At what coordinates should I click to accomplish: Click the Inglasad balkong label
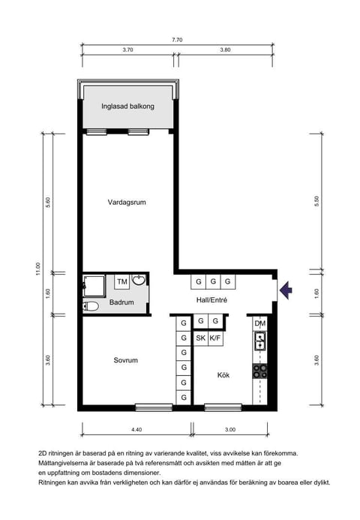pos(127,107)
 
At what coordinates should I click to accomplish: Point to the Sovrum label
pos(125,360)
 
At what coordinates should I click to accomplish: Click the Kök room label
pos(223,375)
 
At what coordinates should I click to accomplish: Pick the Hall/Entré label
pos(211,300)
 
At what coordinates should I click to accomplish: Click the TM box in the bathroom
pos(121,281)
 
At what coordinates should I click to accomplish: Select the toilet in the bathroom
pos(90,306)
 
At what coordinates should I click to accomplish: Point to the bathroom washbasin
pos(139,281)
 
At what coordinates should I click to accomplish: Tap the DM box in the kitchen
pos(260,323)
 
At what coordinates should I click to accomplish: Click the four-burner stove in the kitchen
pos(259,369)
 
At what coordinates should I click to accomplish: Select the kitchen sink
pos(259,342)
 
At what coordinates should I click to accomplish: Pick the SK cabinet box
pos(200,338)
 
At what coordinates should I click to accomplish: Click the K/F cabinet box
pos(215,338)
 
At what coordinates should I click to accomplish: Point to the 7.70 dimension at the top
pos(177,40)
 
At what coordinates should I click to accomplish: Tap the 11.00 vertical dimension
pos(36,269)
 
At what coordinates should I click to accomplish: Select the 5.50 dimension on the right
pos(317,201)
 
